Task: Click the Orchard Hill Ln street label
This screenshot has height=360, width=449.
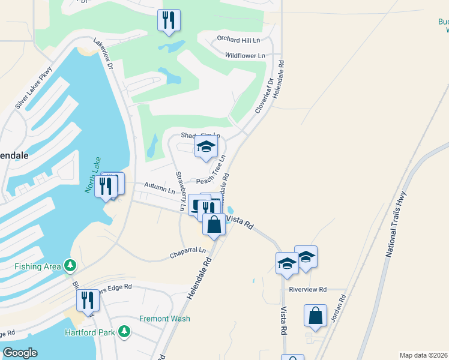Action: pos(239,40)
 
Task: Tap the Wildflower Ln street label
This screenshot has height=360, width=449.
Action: pos(245,56)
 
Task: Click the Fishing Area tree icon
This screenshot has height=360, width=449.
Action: pos(71,265)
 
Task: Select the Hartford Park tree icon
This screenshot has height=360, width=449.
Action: pos(124,331)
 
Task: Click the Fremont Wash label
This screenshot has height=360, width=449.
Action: pos(164,319)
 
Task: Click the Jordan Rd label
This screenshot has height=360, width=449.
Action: pos(339,307)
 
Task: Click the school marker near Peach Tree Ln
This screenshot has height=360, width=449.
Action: pos(206,146)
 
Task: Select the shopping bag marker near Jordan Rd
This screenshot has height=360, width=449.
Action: pos(315,316)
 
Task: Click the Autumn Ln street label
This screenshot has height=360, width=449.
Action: pos(163,191)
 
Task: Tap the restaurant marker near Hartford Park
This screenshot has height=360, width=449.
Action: pos(88,300)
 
